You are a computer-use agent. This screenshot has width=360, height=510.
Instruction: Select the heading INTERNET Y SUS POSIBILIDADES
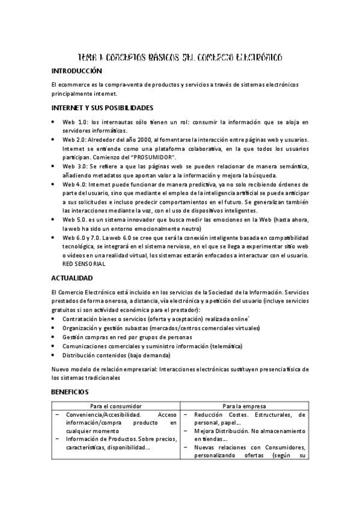(x=103, y=108)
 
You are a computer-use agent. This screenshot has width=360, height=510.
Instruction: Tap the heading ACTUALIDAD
(x=73, y=278)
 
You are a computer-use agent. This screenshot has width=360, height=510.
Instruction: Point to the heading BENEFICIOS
(x=70, y=391)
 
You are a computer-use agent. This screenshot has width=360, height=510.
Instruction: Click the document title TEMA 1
(x=180, y=57)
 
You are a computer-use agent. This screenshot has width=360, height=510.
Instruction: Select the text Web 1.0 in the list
(x=76, y=121)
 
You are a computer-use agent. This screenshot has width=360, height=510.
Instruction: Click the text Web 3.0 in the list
(x=76, y=165)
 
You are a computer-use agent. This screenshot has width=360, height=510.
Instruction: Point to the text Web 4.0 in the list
(x=76, y=183)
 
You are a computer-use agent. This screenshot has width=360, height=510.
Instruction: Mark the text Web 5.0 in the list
(x=76, y=220)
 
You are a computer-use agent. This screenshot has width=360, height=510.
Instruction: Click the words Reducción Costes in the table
(x=222, y=414)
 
